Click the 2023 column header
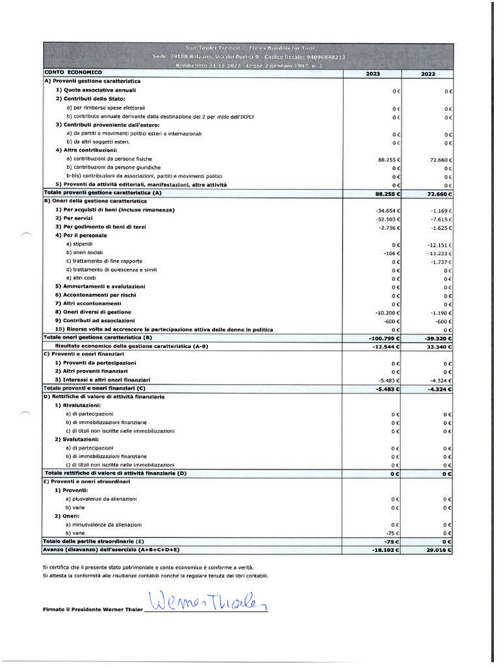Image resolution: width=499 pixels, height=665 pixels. [x=373, y=73]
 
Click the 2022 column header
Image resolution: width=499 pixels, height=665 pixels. [x=428, y=73]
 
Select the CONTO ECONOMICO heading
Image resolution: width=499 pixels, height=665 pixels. [x=73, y=72]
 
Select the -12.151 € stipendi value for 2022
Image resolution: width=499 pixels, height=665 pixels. [x=440, y=244]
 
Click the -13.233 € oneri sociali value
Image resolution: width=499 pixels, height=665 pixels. [x=440, y=253]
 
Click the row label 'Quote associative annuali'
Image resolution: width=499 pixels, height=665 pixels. [x=96, y=90]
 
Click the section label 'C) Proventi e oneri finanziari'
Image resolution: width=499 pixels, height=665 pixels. [x=83, y=354]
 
